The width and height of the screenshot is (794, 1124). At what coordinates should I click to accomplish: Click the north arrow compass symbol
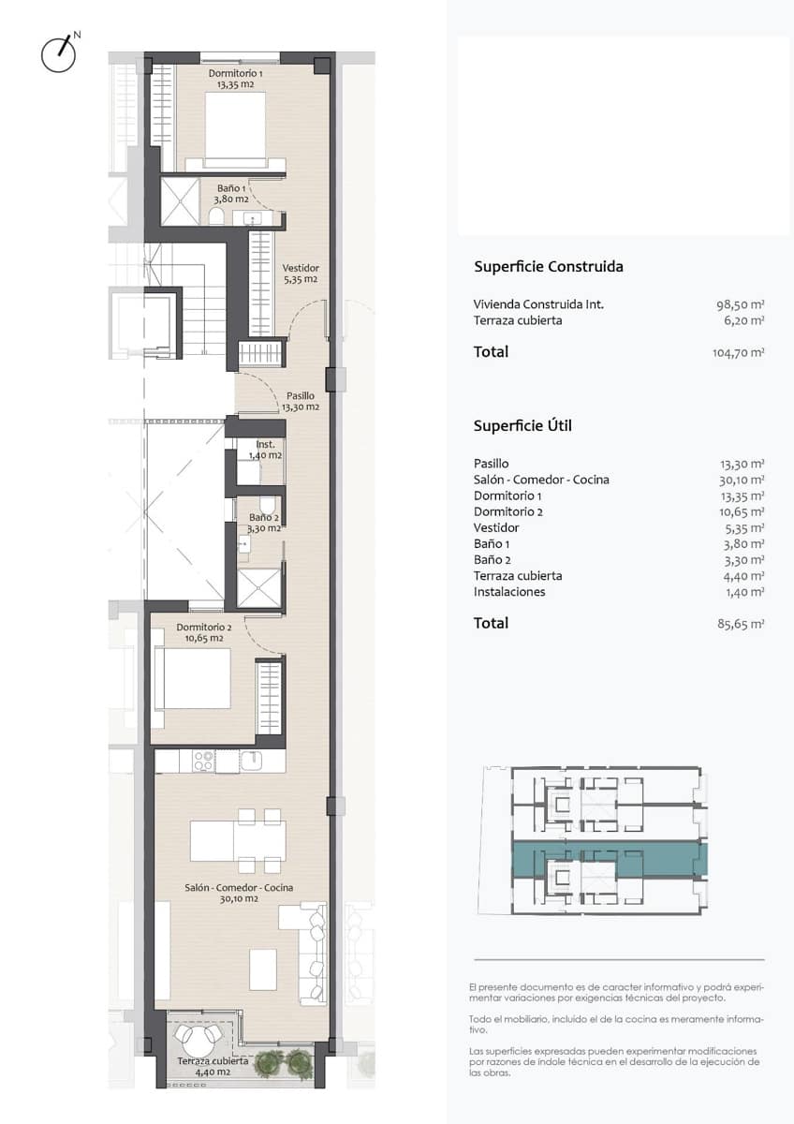(x=59, y=53)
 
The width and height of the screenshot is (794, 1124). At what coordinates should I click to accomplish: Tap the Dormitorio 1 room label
(x=236, y=79)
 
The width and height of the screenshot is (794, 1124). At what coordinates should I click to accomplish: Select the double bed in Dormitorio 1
(x=235, y=126)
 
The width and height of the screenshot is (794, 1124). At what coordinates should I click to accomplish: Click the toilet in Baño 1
(x=216, y=216)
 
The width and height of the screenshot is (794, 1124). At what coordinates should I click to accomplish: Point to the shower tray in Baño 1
(x=180, y=201)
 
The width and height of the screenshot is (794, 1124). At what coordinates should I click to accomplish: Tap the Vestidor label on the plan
(x=301, y=274)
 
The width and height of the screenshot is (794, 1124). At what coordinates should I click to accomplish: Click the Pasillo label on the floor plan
(x=301, y=402)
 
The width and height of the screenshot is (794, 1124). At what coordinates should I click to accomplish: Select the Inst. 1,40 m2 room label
(x=265, y=450)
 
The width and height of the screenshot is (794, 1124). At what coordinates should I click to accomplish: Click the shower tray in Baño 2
(x=258, y=587)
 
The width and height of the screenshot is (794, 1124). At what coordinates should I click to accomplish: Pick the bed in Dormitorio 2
(x=193, y=678)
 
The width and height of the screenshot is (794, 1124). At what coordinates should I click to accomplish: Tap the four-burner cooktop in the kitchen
(x=203, y=762)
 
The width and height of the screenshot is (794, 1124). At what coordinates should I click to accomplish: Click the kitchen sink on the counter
(x=251, y=761)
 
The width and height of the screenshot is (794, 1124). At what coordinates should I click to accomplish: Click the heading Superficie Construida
(x=549, y=266)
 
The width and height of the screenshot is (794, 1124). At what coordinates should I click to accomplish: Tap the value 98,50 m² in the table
(x=741, y=304)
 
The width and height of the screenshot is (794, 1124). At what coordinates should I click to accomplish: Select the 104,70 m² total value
(x=739, y=353)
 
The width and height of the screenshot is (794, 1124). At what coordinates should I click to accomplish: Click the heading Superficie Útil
(x=522, y=426)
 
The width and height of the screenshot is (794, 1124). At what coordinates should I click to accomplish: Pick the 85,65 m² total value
(x=741, y=624)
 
